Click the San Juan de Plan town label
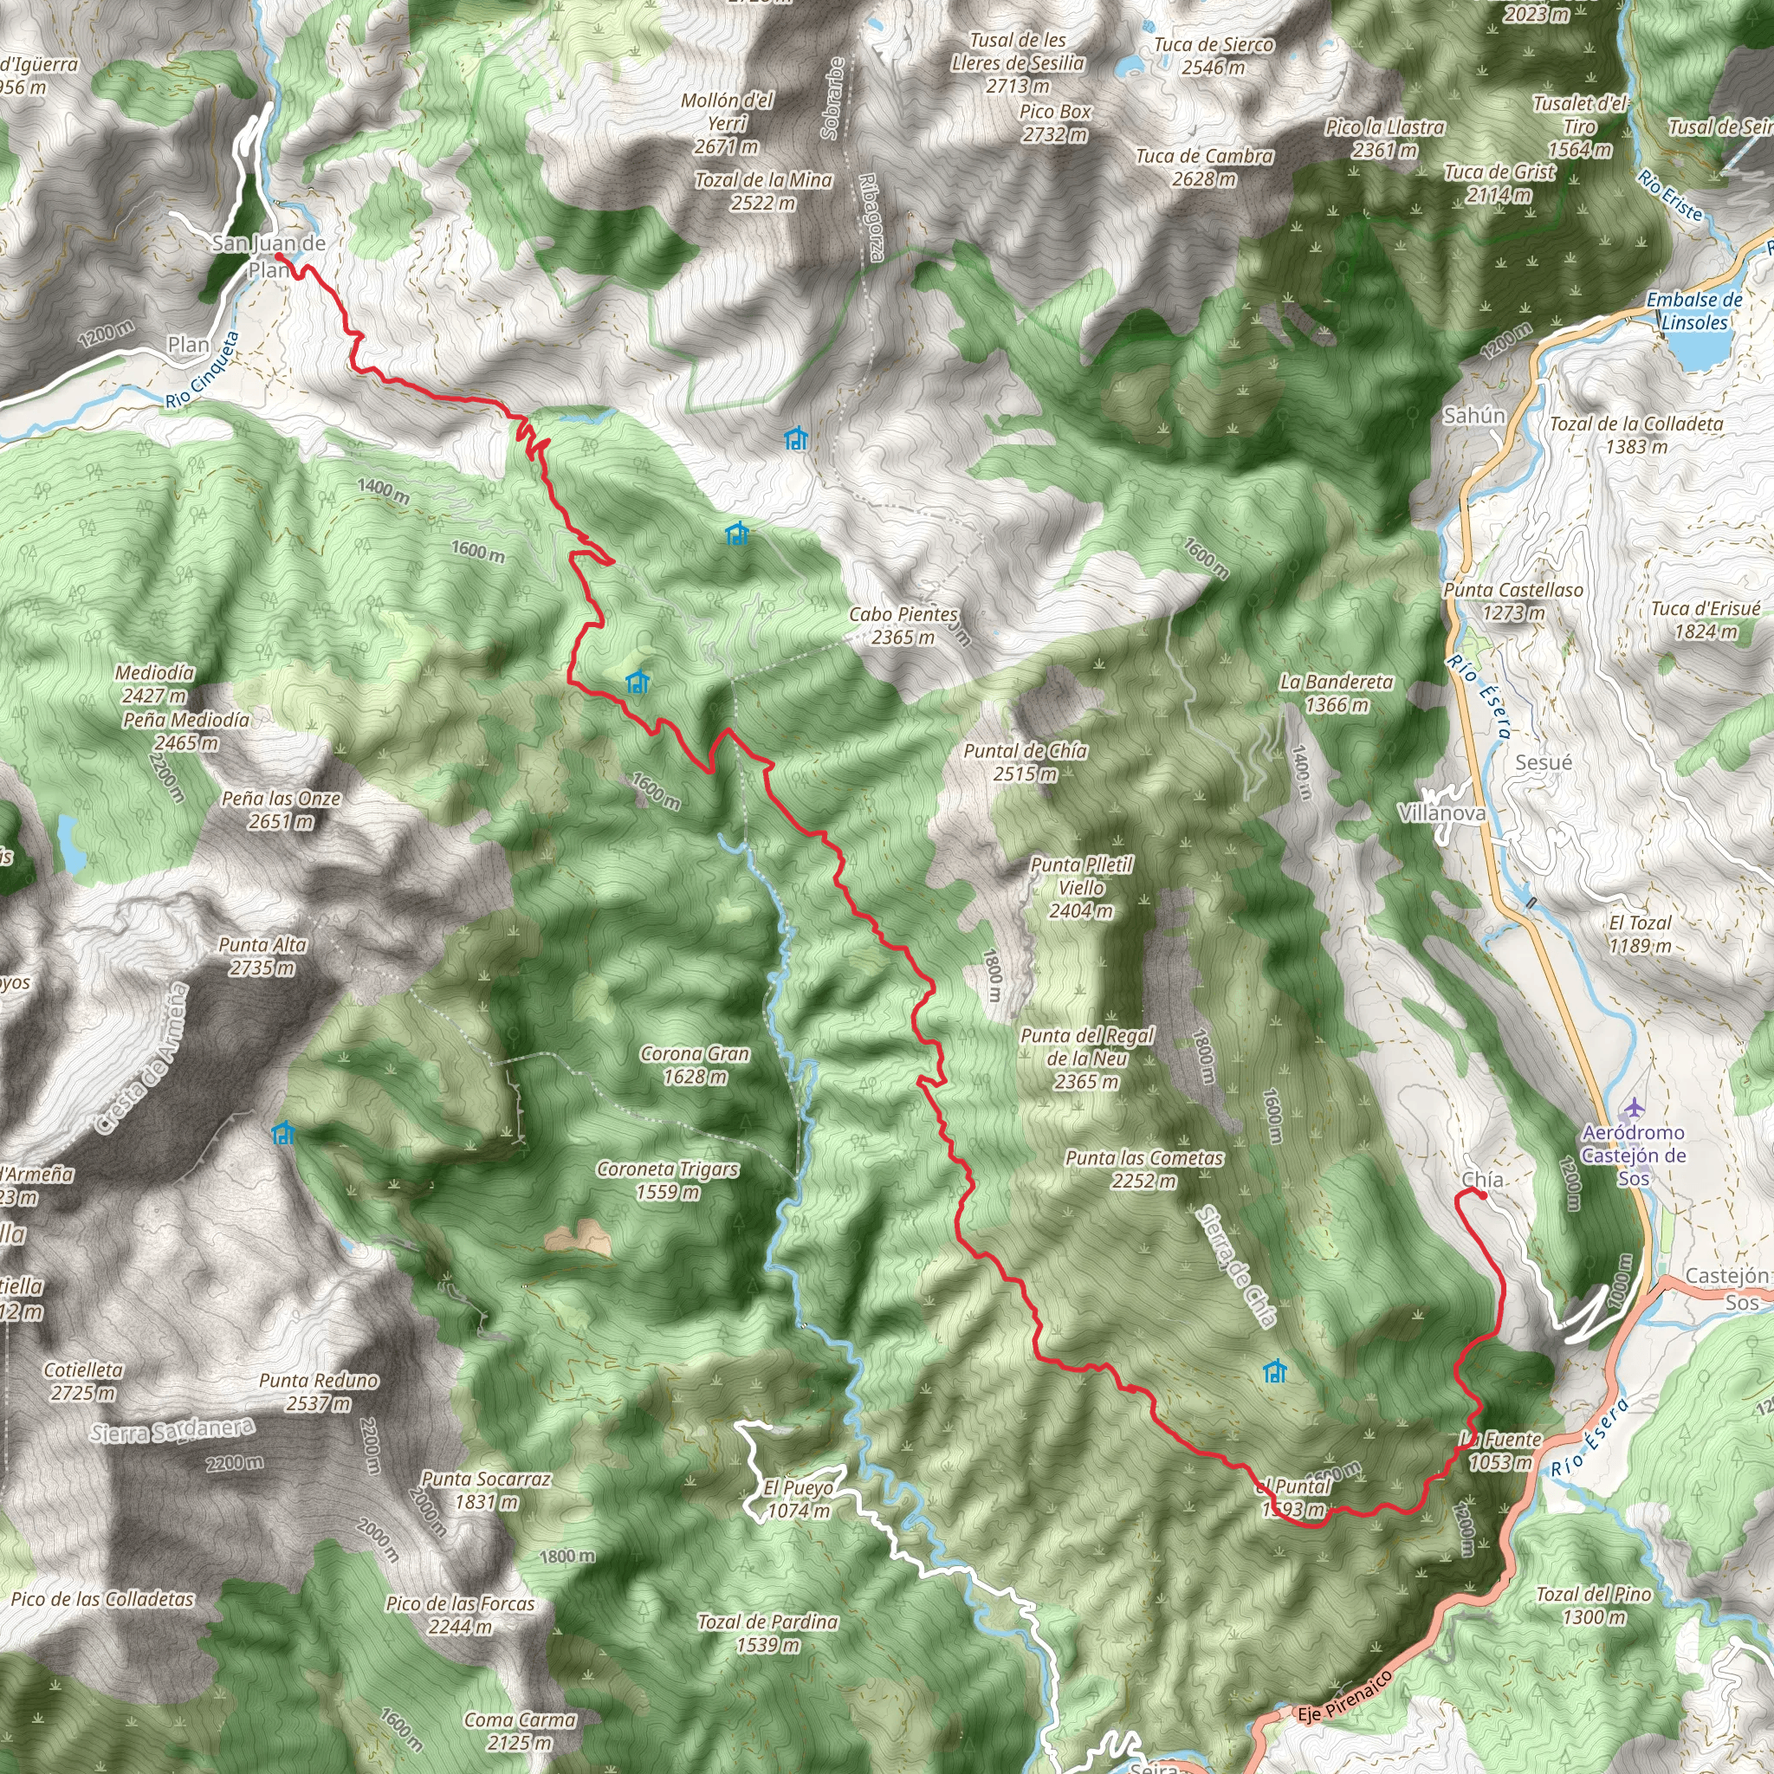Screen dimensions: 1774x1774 (x=269, y=256)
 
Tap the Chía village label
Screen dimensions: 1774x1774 (x=1482, y=1179)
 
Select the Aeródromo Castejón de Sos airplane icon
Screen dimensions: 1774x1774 (x=1634, y=1108)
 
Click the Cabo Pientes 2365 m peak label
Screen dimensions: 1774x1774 (x=903, y=625)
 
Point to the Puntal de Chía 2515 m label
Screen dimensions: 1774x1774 (x=1025, y=762)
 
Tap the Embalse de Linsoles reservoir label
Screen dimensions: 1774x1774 (x=1694, y=310)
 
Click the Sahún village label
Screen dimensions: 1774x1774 (x=1473, y=415)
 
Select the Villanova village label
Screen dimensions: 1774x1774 (x=1441, y=813)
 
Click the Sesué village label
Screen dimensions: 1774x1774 (x=1544, y=762)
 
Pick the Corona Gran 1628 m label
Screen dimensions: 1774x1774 (x=695, y=1065)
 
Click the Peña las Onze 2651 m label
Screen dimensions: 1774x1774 (x=281, y=810)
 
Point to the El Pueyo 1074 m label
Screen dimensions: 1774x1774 (x=799, y=1499)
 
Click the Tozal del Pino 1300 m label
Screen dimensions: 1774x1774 (x=1594, y=1605)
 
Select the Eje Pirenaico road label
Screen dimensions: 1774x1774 (x=1344, y=1696)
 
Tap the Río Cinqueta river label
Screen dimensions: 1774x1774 (x=203, y=370)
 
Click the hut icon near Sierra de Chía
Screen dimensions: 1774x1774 (x=1273, y=1372)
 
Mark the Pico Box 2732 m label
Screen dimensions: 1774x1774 (x=1055, y=122)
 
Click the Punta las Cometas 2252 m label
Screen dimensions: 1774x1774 (x=1144, y=1169)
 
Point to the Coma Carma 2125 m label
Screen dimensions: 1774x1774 (x=520, y=1731)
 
